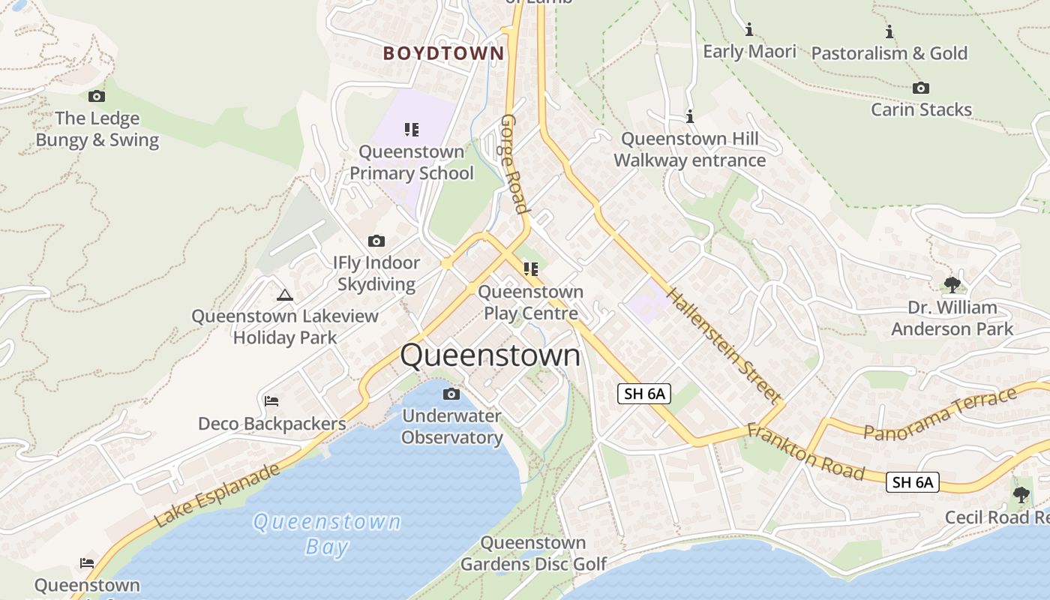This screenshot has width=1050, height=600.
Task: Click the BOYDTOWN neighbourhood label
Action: tap(443, 53)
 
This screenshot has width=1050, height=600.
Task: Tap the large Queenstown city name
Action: tap(490, 355)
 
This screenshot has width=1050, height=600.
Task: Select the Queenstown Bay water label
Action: tap(327, 533)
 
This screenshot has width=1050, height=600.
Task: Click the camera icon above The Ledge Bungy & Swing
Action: tap(97, 96)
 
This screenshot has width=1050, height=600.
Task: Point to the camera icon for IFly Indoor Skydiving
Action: tap(376, 241)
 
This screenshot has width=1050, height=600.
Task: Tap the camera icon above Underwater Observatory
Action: tap(451, 394)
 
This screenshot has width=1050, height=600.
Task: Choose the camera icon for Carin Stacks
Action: tap(920, 88)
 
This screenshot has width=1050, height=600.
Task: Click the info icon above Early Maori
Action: tap(748, 30)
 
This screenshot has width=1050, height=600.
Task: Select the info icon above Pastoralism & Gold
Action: tap(889, 31)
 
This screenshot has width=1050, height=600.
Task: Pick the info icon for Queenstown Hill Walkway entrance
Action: tap(690, 117)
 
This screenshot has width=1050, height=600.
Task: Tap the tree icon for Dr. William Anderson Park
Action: tap(952, 285)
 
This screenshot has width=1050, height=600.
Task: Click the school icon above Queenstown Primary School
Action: tap(411, 130)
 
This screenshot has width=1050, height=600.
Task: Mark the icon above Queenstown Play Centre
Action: tap(531, 268)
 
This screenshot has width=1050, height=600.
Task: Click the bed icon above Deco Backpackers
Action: tap(271, 401)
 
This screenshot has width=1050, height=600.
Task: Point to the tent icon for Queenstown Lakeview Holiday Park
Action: tap(284, 295)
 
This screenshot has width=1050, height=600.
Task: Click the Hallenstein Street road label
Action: tap(724, 345)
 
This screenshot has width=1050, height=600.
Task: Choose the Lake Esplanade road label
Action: tap(217, 495)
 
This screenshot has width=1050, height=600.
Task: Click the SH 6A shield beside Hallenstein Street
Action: tap(643, 393)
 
